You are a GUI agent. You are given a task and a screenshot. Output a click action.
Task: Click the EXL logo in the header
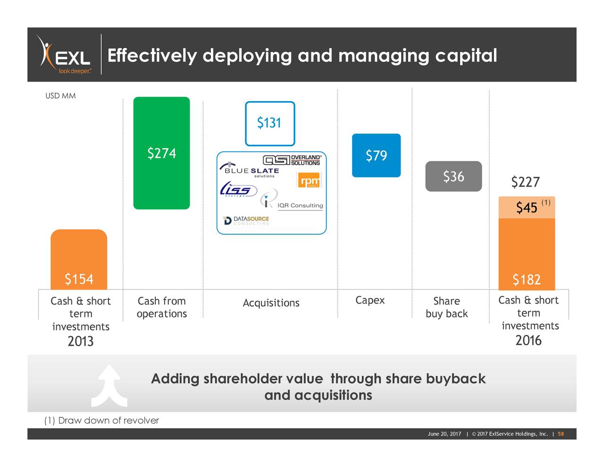pos(65,55)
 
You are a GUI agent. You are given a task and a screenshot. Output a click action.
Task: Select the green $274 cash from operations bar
pos(161,153)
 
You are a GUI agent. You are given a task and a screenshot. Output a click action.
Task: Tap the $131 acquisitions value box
pos(269,123)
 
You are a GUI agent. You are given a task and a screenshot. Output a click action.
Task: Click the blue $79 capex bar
pos(376,155)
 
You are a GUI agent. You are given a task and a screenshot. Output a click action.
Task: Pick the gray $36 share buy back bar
pos(453,176)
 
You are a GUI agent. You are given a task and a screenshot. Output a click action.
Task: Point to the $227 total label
pos(525,182)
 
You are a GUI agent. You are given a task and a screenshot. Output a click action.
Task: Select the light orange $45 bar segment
pos(527,207)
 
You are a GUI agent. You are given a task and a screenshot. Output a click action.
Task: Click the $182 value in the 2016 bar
pos(527,280)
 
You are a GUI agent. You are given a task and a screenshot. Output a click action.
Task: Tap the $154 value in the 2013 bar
pos(79,279)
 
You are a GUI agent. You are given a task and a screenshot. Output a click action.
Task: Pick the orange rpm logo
pos(309,180)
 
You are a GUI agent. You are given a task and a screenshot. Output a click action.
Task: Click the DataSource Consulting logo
pos(246,221)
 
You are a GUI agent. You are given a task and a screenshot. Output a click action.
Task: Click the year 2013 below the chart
pos(80,341)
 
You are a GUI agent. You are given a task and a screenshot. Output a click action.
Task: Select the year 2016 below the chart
pos(528,340)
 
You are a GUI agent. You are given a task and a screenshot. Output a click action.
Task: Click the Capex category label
pos(370,300)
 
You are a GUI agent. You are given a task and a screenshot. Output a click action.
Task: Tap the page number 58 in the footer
pos(561,434)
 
